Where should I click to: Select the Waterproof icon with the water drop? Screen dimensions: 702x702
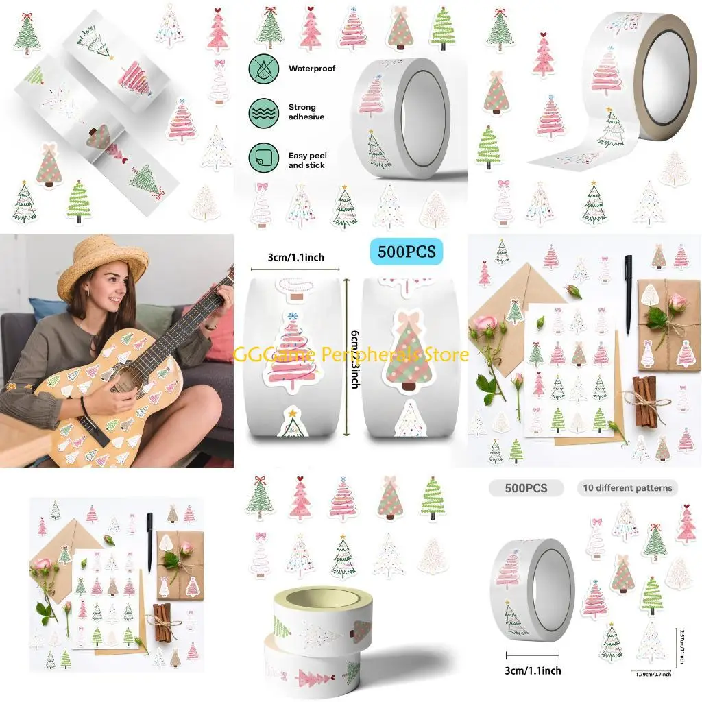pos(264,69)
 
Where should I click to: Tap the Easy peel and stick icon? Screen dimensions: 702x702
pos(264,158)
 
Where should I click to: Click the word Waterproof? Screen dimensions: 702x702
pos(312,69)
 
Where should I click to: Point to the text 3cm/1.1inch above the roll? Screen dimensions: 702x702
pos(296,257)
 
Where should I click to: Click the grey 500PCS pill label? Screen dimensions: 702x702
pos(526,488)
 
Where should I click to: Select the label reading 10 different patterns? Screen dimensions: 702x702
pos(627,488)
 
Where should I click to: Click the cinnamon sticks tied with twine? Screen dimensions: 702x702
pos(644,398)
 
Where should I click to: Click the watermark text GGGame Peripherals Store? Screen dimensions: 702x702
pos(351,354)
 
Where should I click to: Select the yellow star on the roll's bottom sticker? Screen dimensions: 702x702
pos(293,413)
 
